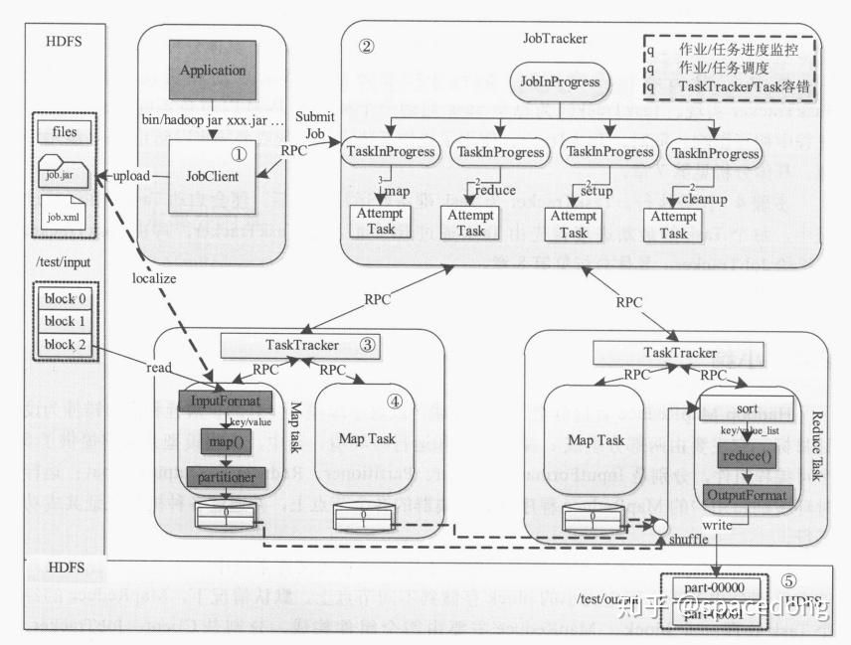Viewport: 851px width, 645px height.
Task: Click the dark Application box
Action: [212, 70]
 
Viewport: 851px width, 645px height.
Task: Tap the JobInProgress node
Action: [560, 81]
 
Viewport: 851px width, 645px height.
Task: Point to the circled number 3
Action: [367, 345]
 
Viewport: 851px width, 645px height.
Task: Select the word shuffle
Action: [689, 540]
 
